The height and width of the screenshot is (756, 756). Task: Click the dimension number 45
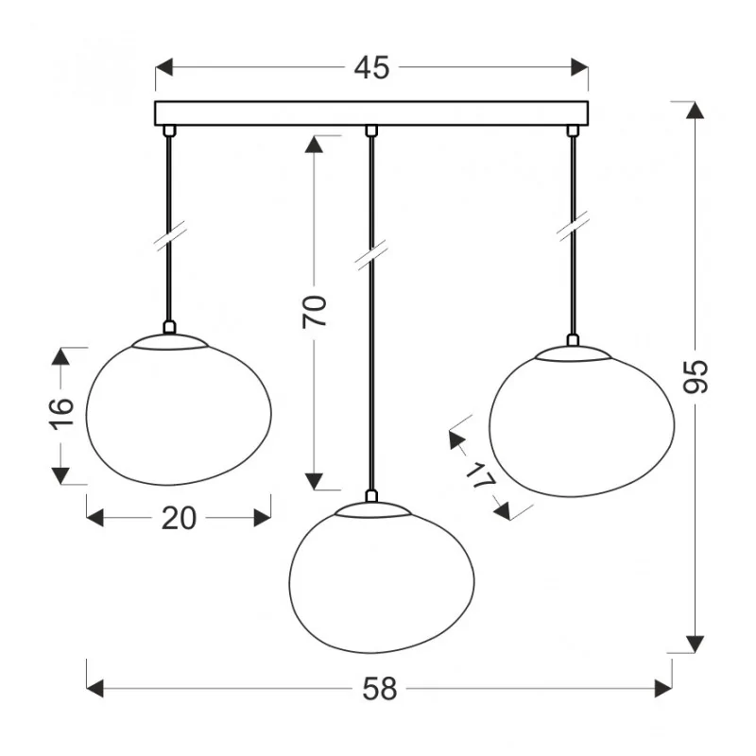(x=371, y=68)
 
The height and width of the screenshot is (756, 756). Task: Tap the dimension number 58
(x=380, y=689)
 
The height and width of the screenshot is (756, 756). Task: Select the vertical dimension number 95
(x=696, y=376)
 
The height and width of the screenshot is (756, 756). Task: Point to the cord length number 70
(x=315, y=312)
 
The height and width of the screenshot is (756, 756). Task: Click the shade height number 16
(x=61, y=414)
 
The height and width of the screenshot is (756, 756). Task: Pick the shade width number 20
(x=179, y=518)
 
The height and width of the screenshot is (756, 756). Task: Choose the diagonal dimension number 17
(x=480, y=475)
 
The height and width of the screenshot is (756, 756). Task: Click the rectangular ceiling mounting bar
(x=371, y=113)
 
